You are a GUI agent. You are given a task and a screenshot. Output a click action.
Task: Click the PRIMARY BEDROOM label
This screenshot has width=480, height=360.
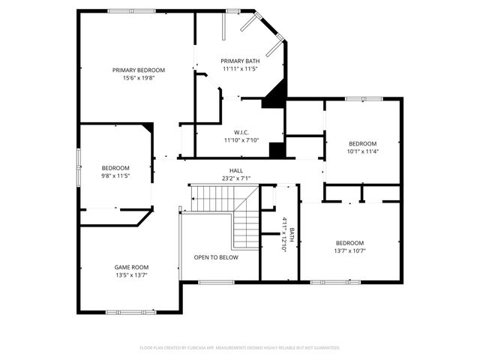(139, 70)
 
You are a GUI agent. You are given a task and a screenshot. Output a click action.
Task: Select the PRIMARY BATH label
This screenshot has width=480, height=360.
(240, 61)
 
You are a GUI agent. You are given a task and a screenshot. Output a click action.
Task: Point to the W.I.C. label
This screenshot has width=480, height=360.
(241, 132)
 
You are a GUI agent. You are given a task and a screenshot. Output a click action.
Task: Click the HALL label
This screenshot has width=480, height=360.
(236, 171)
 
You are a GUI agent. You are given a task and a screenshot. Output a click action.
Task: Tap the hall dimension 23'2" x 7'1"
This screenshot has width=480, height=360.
(236, 178)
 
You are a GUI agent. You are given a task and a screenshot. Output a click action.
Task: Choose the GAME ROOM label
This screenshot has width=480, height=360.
(131, 267)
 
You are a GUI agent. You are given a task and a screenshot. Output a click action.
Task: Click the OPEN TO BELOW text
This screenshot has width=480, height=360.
(216, 257)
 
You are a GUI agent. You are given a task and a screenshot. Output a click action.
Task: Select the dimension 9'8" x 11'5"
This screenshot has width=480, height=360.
(116, 175)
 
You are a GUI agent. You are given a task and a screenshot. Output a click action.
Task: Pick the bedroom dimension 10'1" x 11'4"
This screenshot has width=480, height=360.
(362, 151)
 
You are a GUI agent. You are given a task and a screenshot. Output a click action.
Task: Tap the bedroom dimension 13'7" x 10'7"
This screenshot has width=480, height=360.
(349, 250)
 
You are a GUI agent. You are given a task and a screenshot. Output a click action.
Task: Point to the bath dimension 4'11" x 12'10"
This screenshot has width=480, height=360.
(284, 234)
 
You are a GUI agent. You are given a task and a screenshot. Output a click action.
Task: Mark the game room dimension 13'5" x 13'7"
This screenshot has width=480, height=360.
(131, 274)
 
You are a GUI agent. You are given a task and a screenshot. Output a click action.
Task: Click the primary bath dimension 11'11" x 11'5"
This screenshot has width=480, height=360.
(240, 68)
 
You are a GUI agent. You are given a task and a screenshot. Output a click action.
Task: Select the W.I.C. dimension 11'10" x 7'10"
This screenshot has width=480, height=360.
(241, 139)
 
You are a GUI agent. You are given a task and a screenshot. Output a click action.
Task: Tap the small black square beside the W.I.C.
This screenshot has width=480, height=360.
(277, 149)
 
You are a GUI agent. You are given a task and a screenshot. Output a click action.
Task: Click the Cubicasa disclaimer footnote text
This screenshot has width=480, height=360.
(240, 348)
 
